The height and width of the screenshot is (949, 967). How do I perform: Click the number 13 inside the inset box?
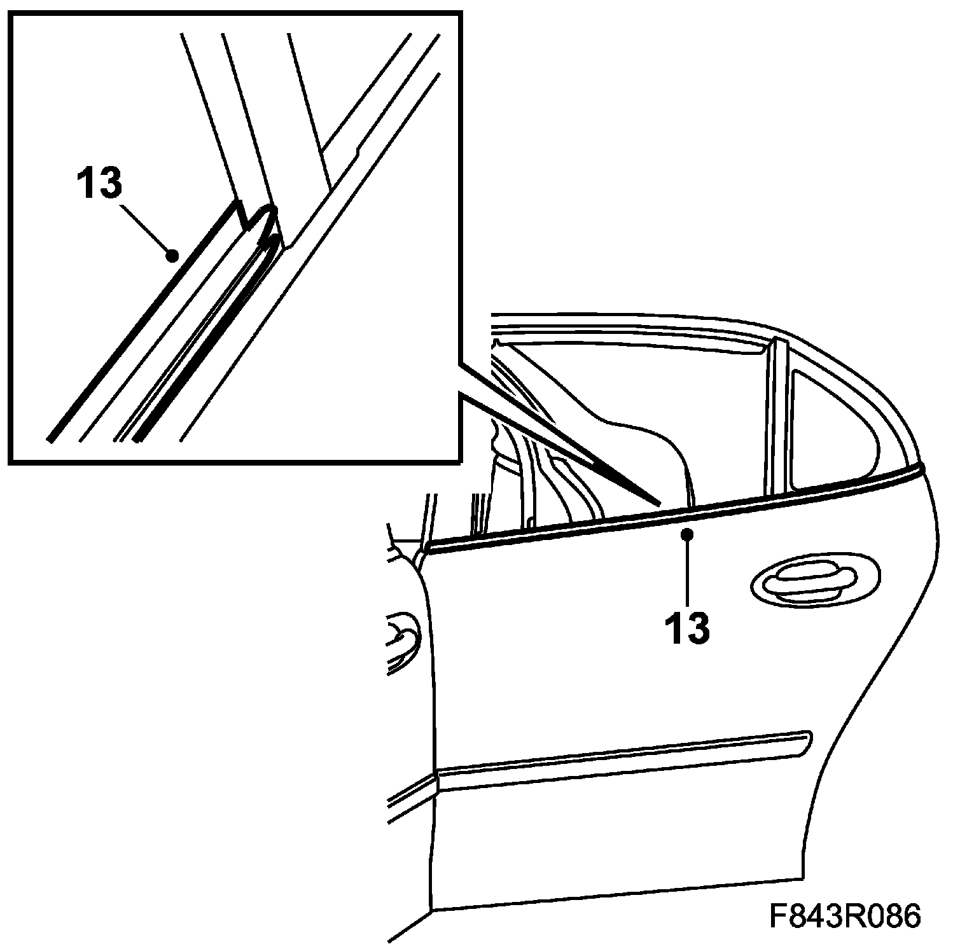(99, 183)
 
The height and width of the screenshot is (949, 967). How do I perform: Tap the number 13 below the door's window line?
(687, 628)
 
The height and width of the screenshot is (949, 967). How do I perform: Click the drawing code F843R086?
(845, 917)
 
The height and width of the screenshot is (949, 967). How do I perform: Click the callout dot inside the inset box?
(171, 256)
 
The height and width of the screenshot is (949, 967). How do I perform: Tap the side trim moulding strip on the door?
(623, 760)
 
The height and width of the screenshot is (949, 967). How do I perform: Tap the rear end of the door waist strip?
(920, 471)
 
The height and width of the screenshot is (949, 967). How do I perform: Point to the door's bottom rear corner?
(798, 878)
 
